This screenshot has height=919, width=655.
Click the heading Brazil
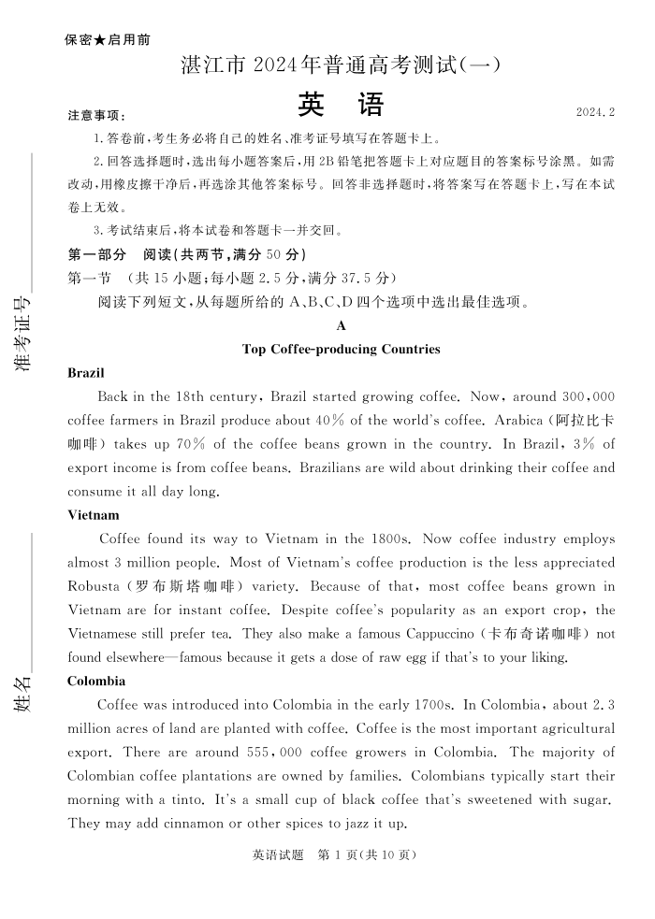click(x=86, y=373)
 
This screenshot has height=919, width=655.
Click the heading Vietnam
click(x=94, y=515)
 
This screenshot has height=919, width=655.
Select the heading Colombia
click(x=96, y=682)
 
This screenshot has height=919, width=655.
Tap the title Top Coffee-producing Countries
click(x=341, y=350)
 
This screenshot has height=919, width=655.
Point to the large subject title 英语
click(x=341, y=105)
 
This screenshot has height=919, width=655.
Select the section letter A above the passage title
click(x=341, y=326)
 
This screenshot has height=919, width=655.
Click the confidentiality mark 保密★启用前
click(x=108, y=40)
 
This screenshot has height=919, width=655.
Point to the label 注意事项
click(x=96, y=116)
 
